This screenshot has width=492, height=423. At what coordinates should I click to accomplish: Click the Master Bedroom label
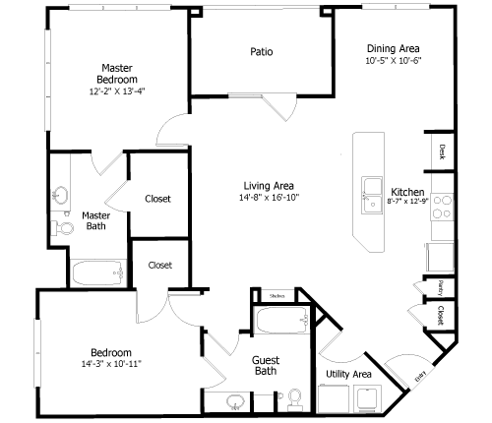point(117,72)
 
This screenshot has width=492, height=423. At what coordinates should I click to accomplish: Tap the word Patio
point(261,52)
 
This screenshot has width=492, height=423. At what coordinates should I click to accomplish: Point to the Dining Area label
point(394,48)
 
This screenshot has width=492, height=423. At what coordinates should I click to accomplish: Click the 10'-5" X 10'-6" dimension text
point(394,60)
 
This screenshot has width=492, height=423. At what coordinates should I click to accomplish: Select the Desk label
point(443,151)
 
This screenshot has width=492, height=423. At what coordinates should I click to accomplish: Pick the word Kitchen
point(407,192)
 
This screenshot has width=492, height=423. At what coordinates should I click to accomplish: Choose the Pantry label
point(440,287)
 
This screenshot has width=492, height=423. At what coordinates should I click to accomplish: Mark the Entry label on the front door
point(421,374)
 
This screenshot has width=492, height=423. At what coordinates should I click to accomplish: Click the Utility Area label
point(348,374)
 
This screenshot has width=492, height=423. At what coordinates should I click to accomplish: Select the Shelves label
point(277,294)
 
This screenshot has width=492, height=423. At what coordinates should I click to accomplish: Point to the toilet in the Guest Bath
point(293,398)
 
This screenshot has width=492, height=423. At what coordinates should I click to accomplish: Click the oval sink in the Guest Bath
point(236,401)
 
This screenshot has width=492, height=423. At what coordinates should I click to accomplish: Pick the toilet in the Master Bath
point(66,227)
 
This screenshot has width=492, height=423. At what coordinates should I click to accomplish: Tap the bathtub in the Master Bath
point(96,272)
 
